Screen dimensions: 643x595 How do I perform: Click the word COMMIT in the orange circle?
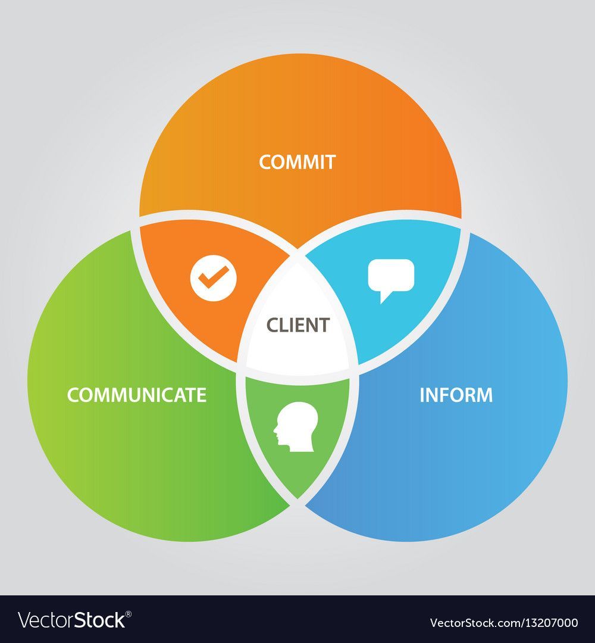coord(297,162)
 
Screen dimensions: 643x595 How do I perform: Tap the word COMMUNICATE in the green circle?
coord(137,395)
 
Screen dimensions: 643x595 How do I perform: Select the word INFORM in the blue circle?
coord(456,395)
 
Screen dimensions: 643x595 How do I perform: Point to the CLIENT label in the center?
coord(297,325)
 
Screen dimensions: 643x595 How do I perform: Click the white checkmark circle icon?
coord(214,277)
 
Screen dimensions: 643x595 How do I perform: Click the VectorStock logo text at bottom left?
coord(71,620)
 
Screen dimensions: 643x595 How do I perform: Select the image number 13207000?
coord(547,623)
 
